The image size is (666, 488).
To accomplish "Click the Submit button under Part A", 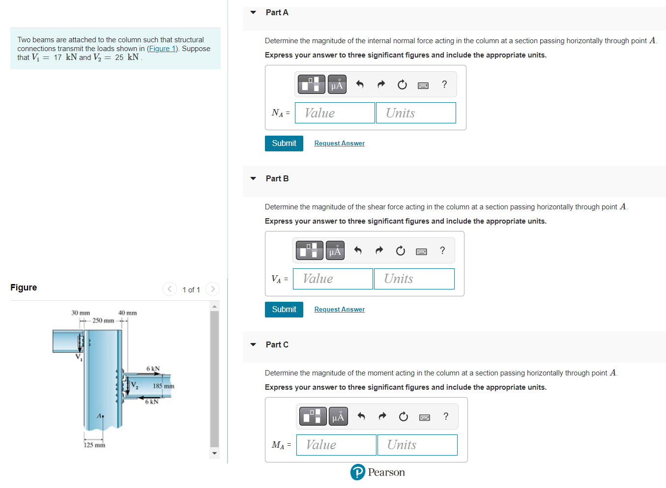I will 284,144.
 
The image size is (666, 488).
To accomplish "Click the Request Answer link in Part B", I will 339,310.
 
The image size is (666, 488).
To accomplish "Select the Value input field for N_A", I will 335,113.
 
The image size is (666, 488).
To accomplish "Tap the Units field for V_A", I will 414,279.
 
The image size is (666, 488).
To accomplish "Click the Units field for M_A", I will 417,445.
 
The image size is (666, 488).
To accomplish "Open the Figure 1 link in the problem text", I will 162,49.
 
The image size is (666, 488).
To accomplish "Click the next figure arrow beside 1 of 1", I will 212,289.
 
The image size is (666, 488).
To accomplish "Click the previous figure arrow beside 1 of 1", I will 170,289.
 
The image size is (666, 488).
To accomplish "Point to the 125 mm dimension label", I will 94,445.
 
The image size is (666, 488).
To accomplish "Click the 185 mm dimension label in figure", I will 163,386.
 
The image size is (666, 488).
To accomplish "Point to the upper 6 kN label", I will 153,369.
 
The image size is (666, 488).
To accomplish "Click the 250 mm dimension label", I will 103,321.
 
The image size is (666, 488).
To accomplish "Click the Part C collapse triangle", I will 253,345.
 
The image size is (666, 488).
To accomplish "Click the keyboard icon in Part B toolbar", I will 421,252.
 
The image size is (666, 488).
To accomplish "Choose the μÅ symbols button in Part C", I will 338,417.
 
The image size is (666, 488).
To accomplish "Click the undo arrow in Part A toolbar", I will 360,85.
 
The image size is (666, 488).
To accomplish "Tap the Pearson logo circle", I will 358,472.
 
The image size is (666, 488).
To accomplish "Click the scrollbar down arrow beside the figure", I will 214,453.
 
